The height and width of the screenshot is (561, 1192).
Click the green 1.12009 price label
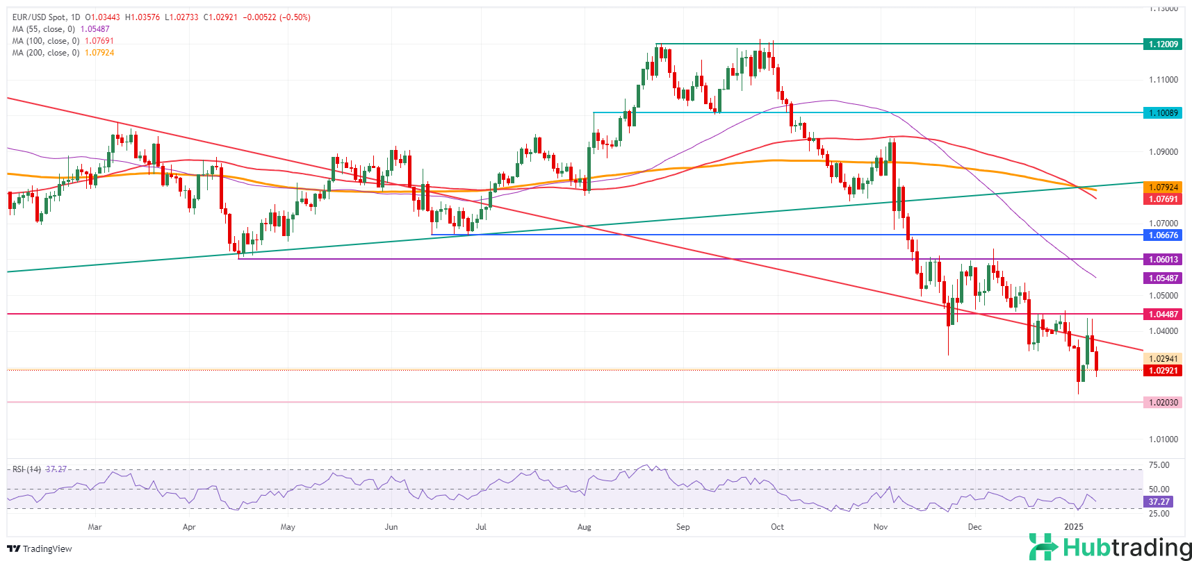coord(1162,44)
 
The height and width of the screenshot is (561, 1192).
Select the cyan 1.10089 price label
coord(1162,112)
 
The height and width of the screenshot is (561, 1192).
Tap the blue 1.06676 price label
coord(1162,235)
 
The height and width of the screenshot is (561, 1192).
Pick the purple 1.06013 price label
coord(1162,259)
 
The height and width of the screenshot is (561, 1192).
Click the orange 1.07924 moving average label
coord(1162,187)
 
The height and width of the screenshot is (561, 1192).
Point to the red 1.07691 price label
coord(1162,199)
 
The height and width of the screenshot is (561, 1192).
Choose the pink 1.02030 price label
coord(1162,402)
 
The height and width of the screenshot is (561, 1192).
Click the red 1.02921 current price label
coord(1162,370)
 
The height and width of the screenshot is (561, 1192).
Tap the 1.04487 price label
coord(1162,314)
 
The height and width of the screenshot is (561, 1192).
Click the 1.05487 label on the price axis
coord(1162,278)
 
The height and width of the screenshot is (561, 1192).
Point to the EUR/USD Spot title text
coord(41,17)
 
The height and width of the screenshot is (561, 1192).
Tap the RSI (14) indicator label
coord(26,469)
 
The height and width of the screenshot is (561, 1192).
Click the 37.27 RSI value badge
coord(1158,501)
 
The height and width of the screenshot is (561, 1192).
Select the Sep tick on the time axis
coord(683,527)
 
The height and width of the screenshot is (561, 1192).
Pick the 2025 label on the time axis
coord(1074,527)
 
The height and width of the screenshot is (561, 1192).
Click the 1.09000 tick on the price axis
coord(1162,151)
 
